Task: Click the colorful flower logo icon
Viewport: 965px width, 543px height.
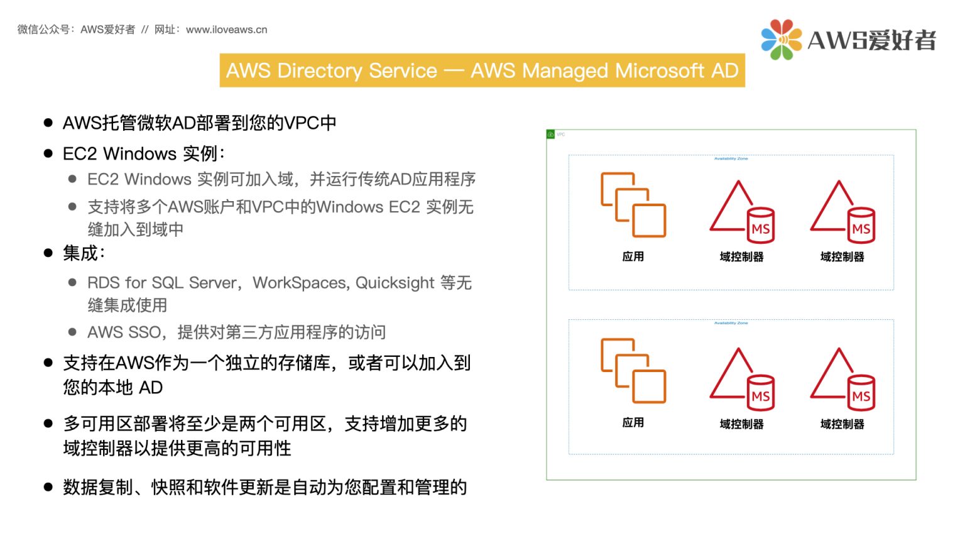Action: click(x=781, y=40)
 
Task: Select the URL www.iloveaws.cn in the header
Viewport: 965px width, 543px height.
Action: click(x=226, y=30)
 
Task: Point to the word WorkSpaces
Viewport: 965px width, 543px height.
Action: click(x=299, y=283)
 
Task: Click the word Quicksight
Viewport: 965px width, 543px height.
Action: click(x=395, y=283)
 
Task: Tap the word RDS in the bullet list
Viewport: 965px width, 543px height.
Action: click(x=103, y=283)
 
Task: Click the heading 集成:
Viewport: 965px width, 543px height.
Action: click(x=84, y=253)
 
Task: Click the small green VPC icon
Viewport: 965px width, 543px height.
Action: click(x=551, y=134)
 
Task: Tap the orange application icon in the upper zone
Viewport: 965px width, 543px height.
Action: click(x=633, y=205)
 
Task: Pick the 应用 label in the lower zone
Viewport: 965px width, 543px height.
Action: click(x=633, y=423)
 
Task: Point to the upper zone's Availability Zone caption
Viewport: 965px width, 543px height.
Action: click(x=731, y=159)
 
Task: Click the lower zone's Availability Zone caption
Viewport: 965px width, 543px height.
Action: click(x=731, y=323)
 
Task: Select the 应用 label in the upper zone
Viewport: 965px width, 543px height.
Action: click(x=633, y=256)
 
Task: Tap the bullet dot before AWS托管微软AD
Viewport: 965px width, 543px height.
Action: click(x=48, y=123)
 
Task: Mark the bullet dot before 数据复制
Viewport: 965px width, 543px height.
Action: click(x=48, y=487)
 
